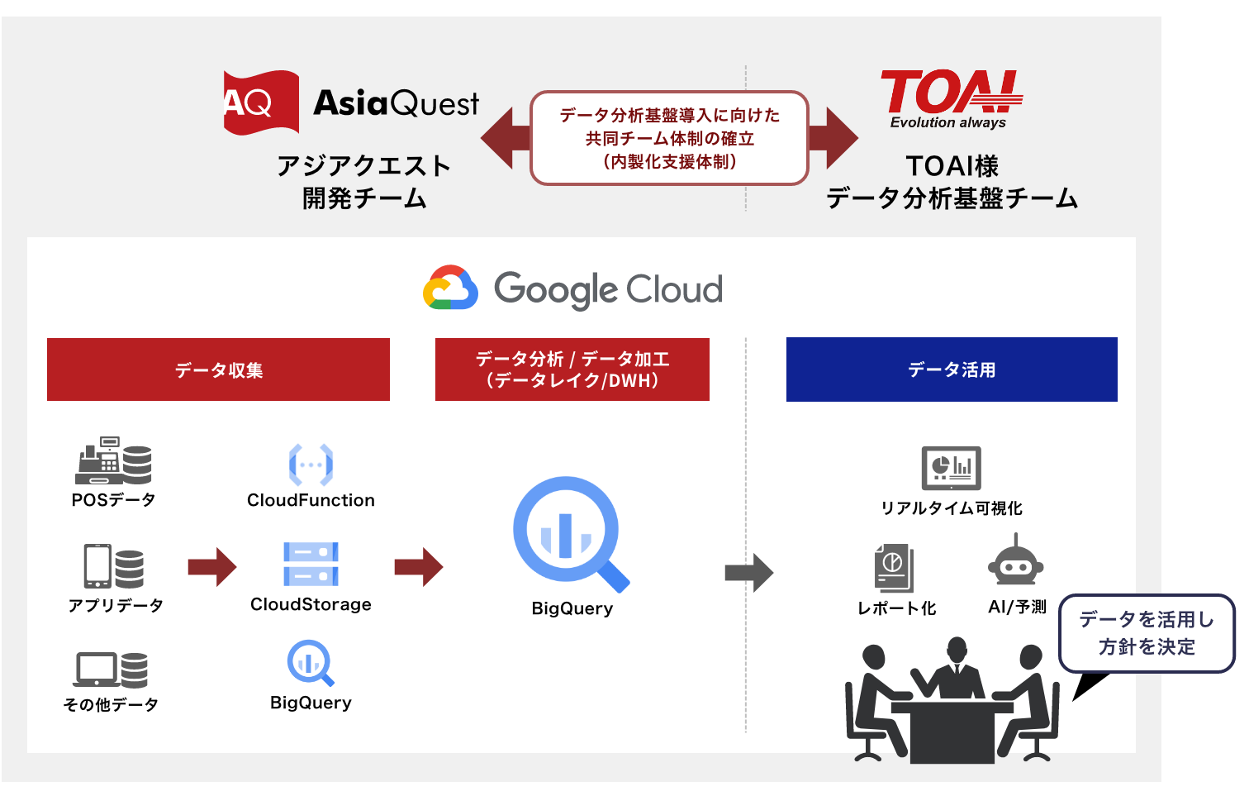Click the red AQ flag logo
coord(260,102)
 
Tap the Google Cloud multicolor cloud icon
coord(450,288)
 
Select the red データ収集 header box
coord(218,369)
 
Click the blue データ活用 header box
coord(952,369)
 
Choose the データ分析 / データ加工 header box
coord(572,369)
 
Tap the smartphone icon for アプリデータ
coord(97,566)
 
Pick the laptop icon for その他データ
coord(97,670)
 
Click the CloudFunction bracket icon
coord(311,465)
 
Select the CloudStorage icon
coord(311,565)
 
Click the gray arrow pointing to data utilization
coord(748,573)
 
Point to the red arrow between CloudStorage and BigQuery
coord(419,567)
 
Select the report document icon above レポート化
coord(894,567)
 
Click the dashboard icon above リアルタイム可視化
coord(951,469)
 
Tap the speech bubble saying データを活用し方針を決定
coord(1147,633)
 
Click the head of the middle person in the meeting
coord(957,650)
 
